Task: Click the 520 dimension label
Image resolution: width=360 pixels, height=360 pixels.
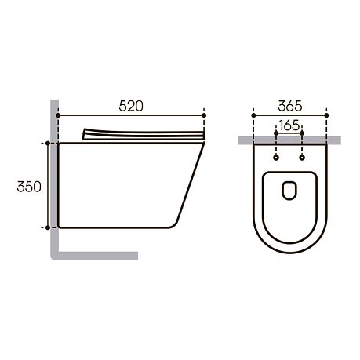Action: pyautogui.click(x=131, y=106)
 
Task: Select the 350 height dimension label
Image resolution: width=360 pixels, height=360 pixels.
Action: pyautogui.click(x=29, y=187)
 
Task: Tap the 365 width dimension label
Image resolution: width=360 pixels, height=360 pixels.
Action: pyautogui.click(x=290, y=106)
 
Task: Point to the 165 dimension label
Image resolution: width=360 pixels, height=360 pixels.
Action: pyautogui.click(x=289, y=125)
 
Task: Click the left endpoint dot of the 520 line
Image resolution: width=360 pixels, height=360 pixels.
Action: pyautogui.click(x=58, y=115)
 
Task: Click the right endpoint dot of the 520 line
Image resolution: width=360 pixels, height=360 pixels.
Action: pyautogui.click(x=204, y=115)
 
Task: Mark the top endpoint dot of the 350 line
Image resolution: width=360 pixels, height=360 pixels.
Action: pyautogui.click(x=48, y=143)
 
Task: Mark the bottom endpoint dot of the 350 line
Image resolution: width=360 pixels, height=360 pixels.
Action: pyautogui.click(x=48, y=227)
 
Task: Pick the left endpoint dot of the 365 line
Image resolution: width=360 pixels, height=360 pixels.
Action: pyautogui.click(x=253, y=115)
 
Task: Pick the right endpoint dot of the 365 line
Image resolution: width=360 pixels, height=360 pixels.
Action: pyautogui.click(x=326, y=115)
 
